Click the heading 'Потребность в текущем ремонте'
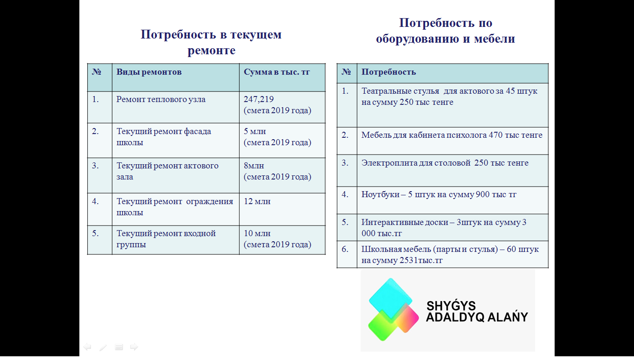211,42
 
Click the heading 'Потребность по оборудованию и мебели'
446,31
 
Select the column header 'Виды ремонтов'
149,72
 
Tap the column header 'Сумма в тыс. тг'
277,72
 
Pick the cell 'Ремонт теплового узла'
161,99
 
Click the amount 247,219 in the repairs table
259,99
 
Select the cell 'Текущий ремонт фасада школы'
163,136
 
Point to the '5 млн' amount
255,131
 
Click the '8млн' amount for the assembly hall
254,166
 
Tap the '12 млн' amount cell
257,201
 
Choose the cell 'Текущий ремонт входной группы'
166,238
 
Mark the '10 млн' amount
257,233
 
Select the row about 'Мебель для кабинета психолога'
452,135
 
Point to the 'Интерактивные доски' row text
444,228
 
